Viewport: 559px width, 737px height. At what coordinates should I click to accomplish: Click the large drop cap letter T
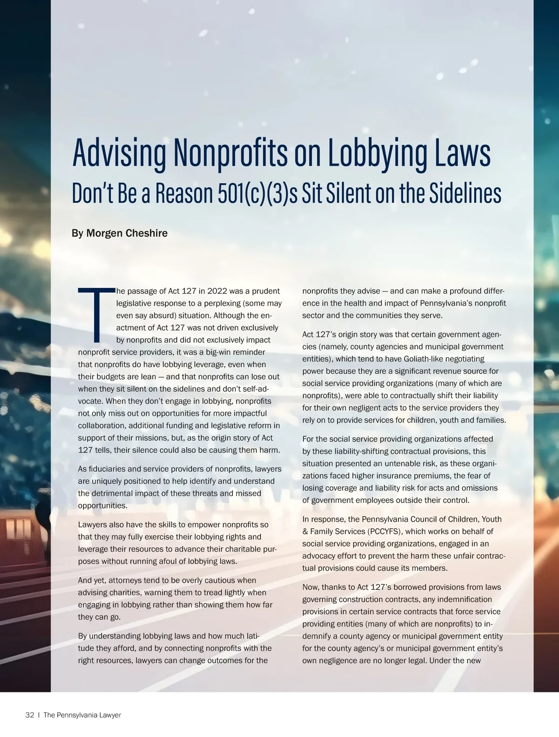pyautogui.click(x=96, y=314)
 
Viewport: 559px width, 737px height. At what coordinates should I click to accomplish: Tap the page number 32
pyautogui.click(x=29, y=715)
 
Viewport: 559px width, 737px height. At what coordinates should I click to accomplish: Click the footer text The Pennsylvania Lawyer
pyautogui.click(x=82, y=715)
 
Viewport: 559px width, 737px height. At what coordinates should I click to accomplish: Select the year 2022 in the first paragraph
pyautogui.click(x=217, y=291)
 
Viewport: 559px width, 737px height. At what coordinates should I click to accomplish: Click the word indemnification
pyautogui.click(x=464, y=599)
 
